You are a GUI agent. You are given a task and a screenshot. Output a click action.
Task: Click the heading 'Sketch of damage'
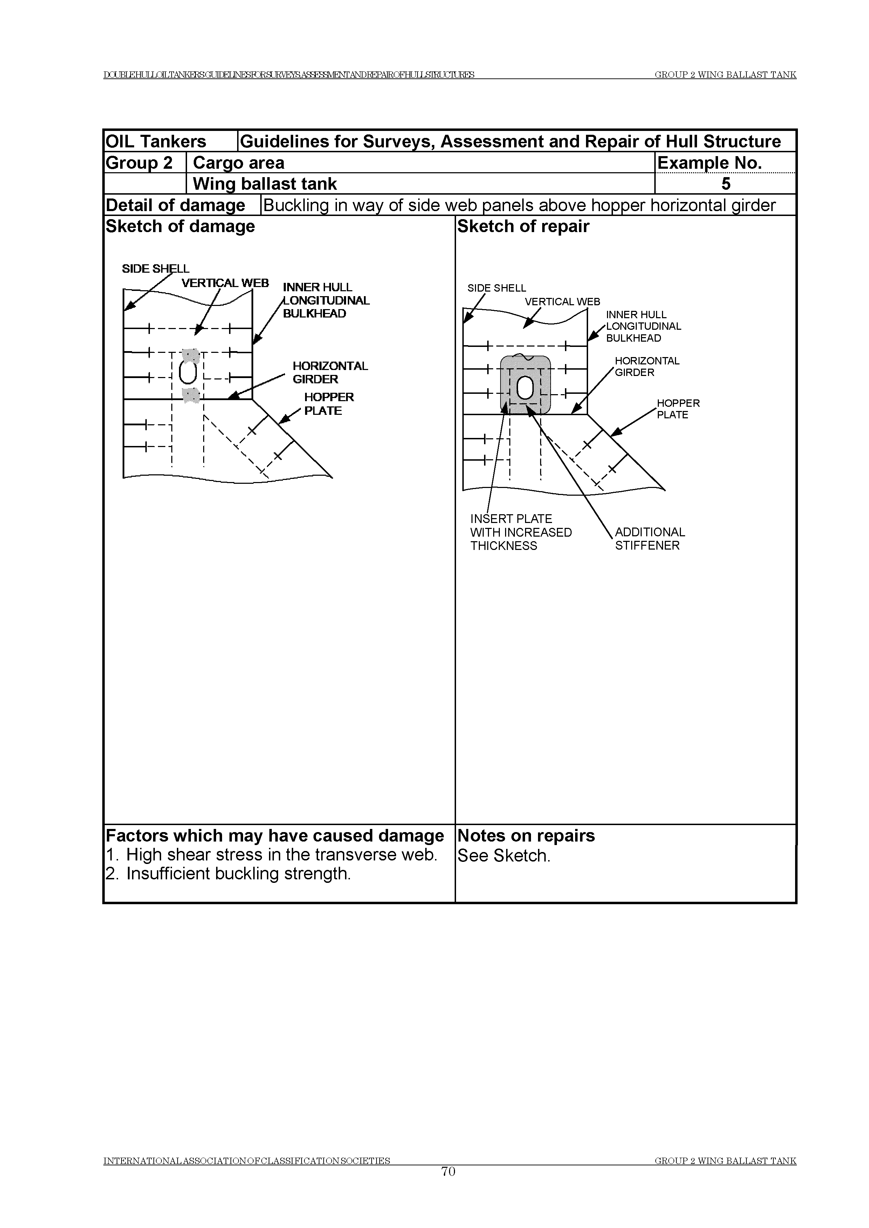180,226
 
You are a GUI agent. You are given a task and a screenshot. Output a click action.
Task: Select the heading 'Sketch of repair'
523,226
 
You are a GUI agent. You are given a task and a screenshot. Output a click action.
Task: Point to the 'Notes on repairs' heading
526,836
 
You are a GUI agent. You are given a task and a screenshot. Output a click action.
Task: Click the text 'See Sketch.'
504,856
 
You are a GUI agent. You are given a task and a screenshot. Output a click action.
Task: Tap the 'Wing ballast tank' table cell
265,184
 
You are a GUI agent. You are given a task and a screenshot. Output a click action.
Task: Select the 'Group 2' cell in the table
139,162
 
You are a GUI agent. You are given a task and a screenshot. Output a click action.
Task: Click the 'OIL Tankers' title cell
156,141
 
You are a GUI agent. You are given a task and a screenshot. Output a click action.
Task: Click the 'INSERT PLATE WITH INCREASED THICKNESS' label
520,532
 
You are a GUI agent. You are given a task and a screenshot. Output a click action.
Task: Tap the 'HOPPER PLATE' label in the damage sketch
329,404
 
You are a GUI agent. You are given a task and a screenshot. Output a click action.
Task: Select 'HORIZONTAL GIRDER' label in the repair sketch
646,367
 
